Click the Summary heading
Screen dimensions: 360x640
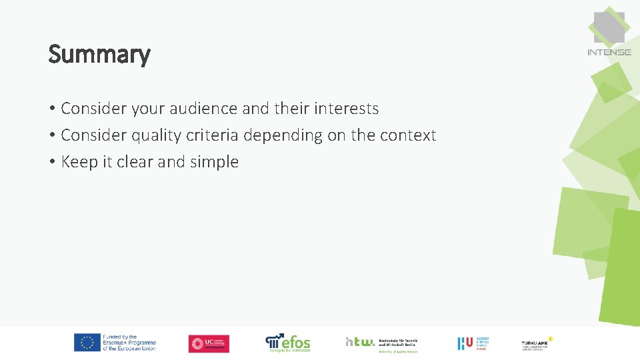[99, 55]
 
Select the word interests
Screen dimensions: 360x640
[345, 109]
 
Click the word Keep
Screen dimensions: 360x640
[79, 162]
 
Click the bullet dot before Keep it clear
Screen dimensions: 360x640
[51, 163]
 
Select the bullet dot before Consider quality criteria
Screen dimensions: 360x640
[51, 136]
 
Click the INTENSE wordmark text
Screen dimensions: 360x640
[609, 52]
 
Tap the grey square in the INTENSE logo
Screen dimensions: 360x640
[609, 27]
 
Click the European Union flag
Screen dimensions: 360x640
[87, 343]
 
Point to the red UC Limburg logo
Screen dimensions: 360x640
[209, 343]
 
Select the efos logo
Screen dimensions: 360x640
[288, 343]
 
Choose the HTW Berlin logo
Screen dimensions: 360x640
[381, 343]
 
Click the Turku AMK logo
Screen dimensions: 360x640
[537, 343]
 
